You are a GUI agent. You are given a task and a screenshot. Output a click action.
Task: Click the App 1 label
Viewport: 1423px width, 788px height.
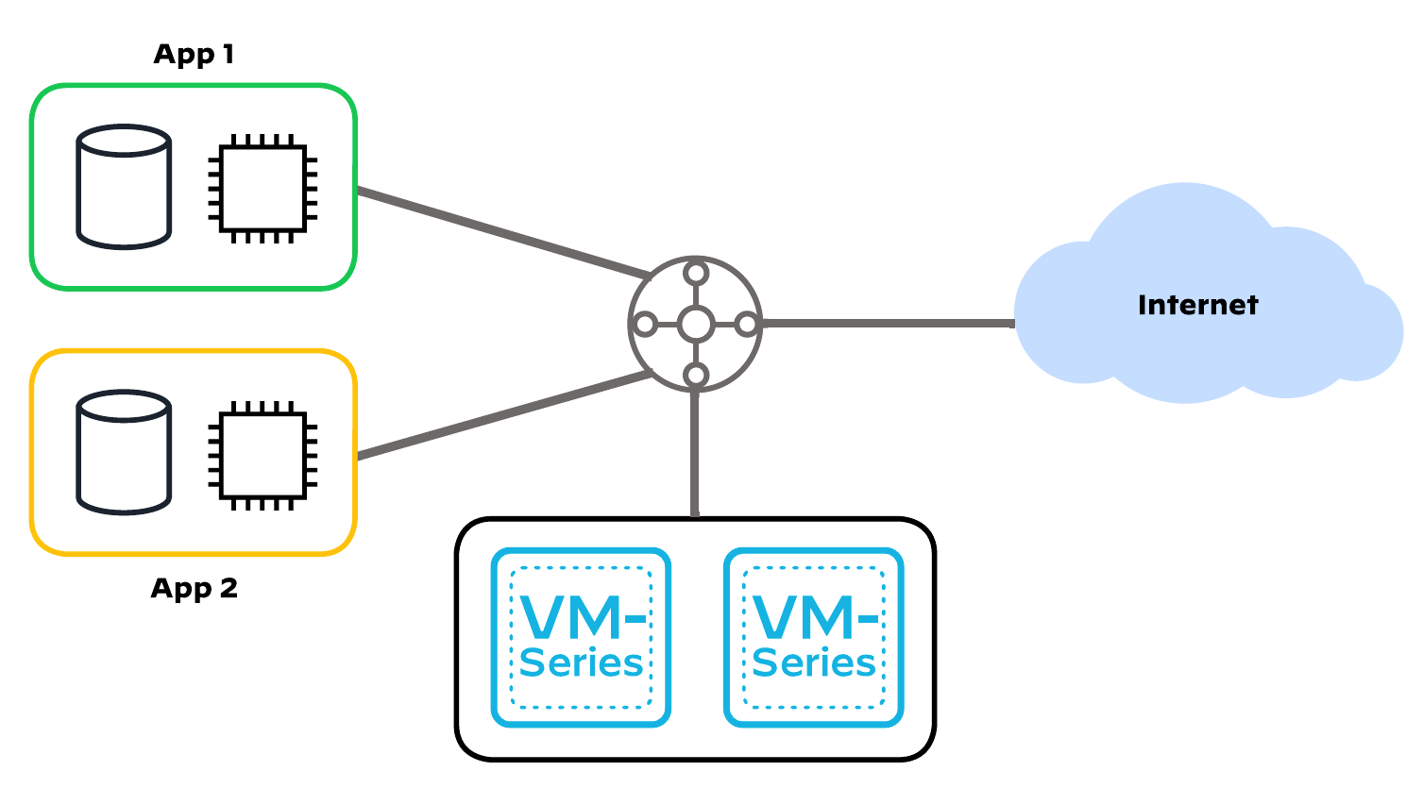194,55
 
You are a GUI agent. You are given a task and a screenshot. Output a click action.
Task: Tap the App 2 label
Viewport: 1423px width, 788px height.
194,589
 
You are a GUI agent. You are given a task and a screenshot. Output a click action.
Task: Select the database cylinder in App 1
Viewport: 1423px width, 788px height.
124,187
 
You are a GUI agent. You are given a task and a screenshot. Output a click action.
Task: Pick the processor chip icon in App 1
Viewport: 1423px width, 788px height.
263,188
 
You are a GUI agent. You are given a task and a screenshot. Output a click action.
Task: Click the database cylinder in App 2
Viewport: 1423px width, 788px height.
124,453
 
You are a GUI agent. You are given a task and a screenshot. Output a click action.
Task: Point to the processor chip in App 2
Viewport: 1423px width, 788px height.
263,455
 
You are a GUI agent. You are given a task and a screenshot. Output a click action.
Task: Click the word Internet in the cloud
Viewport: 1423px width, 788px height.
1197,305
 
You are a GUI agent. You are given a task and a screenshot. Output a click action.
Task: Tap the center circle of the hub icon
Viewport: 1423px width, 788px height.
696,325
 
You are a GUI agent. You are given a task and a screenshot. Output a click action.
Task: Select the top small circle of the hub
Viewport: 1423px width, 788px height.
696,274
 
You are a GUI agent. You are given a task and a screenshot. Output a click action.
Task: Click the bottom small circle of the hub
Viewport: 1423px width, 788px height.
696,376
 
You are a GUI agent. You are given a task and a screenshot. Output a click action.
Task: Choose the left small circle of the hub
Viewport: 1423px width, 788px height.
645,325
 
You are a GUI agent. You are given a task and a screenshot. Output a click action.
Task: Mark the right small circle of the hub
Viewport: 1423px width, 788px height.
747,325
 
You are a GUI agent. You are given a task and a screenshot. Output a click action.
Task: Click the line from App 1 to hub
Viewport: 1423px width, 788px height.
500,232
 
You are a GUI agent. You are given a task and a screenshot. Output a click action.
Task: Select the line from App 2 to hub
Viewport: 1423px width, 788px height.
500,417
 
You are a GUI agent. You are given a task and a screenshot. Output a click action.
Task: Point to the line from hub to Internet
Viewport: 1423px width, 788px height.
888,324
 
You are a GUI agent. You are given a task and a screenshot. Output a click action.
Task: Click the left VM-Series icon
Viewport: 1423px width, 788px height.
581,638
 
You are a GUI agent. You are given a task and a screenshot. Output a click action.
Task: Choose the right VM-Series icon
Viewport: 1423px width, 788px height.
814,638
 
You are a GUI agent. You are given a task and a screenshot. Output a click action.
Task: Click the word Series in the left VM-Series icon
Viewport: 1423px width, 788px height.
581,663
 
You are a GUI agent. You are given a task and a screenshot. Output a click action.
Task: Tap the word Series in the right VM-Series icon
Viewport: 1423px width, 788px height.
814,663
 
